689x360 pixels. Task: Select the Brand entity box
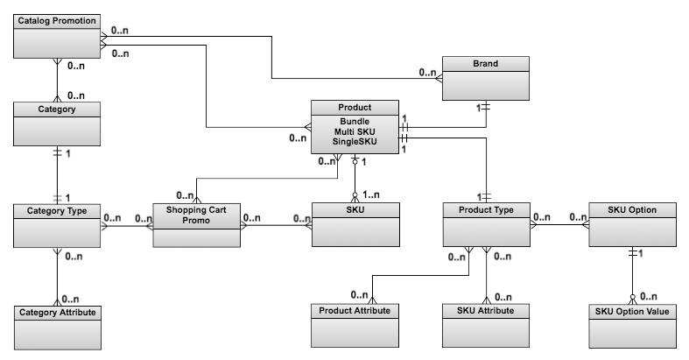(486, 80)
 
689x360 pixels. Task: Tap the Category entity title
(58, 109)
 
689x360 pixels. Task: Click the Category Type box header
(58, 210)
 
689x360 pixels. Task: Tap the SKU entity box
(355, 226)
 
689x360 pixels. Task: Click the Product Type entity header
(486, 210)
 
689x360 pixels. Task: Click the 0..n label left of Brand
(426, 73)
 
